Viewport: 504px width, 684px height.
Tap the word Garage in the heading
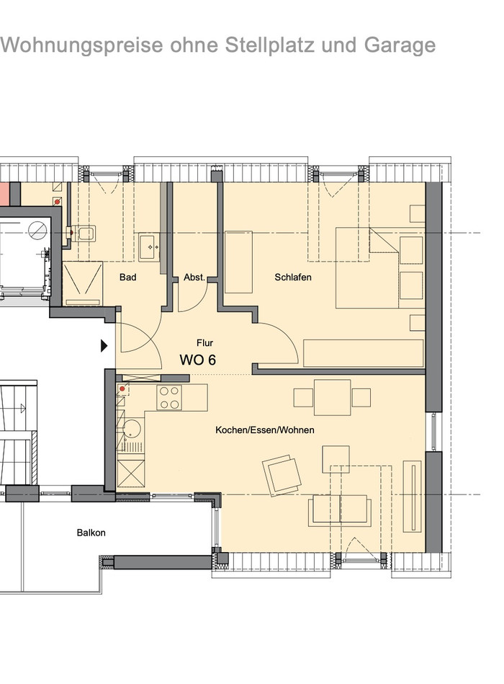coord(400,45)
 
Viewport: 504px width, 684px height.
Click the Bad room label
coord(127,277)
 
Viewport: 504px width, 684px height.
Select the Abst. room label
coord(194,277)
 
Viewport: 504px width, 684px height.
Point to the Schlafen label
coord(293,277)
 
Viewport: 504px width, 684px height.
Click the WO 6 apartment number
coord(198,360)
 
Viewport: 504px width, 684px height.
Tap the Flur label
coord(204,343)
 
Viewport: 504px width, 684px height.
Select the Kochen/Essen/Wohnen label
coord(265,430)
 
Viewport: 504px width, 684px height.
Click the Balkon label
coord(91,533)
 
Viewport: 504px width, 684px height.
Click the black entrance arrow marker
coord(104,345)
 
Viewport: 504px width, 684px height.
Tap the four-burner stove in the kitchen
coord(169,397)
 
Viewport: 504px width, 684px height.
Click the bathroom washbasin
coord(150,247)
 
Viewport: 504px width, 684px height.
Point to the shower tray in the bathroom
coord(83,283)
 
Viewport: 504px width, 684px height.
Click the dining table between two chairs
coord(333,397)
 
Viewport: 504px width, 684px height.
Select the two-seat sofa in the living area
coord(340,510)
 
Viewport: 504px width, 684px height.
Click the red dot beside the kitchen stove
coord(122,388)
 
